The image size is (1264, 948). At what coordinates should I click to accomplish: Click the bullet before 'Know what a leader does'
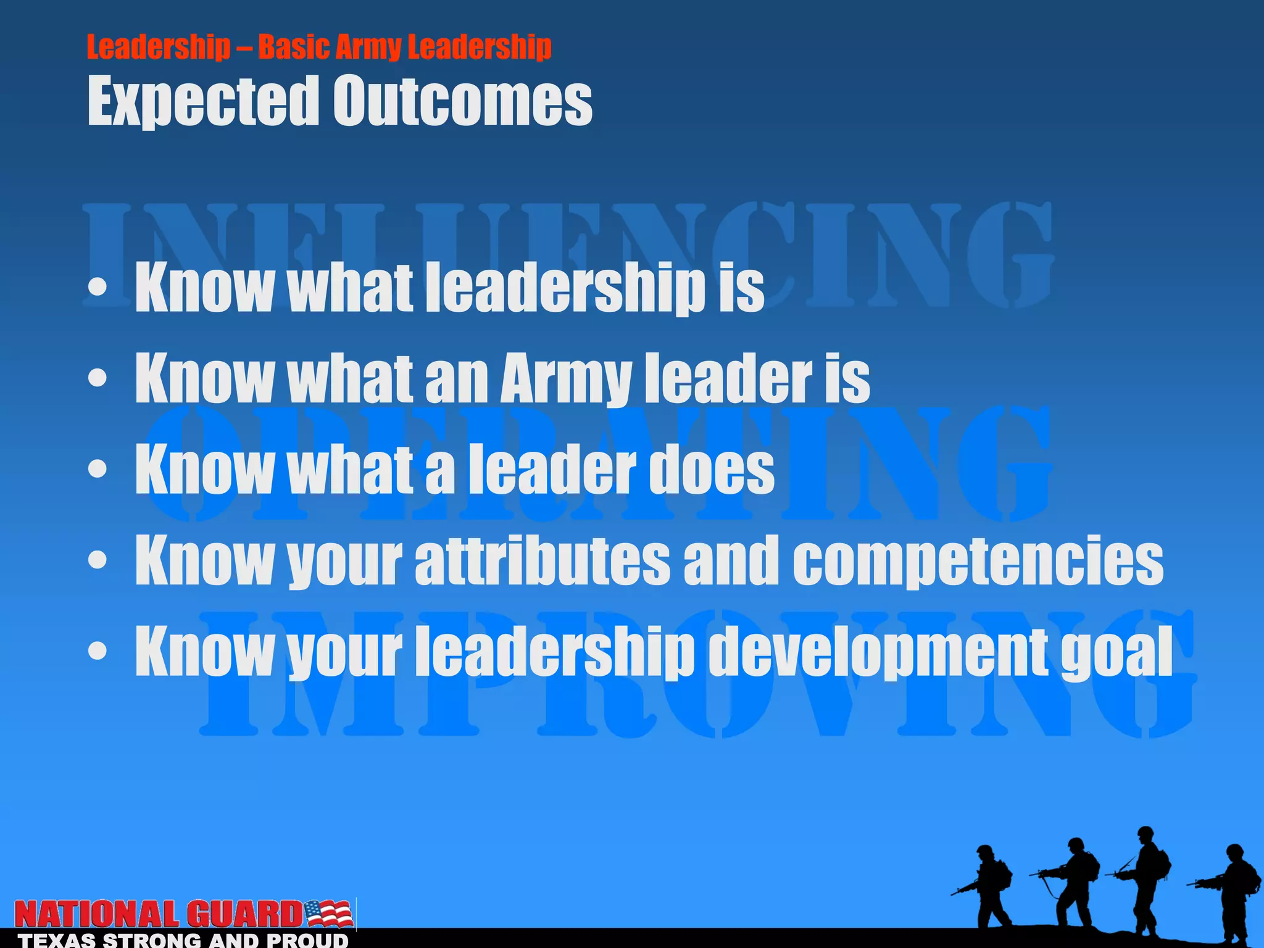[x=98, y=469]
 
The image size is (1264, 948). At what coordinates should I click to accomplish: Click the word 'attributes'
[x=542, y=560]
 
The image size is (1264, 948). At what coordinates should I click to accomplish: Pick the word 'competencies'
[x=978, y=560]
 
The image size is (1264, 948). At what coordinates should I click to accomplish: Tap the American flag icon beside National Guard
[x=329, y=913]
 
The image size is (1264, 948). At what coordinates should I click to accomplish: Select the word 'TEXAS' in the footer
[x=56, y=941]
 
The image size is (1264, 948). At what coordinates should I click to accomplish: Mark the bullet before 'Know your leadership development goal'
[x=98, y=651]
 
